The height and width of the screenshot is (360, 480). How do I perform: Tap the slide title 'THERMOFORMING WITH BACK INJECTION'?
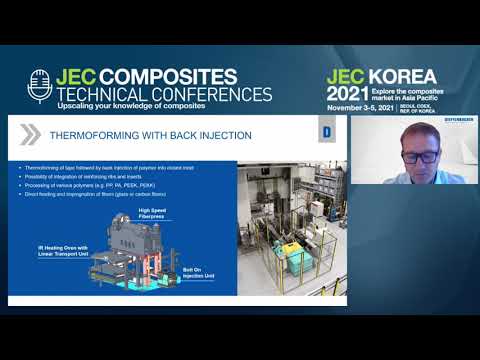click(149, 135)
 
